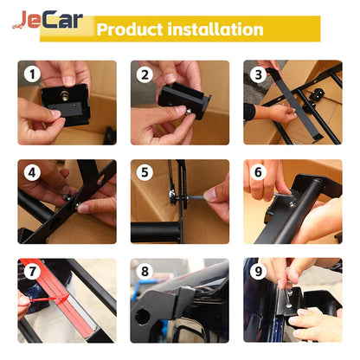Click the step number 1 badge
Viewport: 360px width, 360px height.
click(32, 75)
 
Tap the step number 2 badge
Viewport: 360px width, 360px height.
click(145, 75)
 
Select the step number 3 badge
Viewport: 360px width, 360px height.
click(257, 75)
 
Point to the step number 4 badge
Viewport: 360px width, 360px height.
click(32, 173)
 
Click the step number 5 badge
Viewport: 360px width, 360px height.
click(145, 173)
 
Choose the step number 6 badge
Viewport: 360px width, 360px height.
click(257, 173)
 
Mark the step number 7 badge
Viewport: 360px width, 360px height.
click(32, 272)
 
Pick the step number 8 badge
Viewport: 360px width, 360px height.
click(145, 272)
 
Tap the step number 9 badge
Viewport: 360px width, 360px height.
click(257, 272)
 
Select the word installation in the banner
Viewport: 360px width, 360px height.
click(213, 29)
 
